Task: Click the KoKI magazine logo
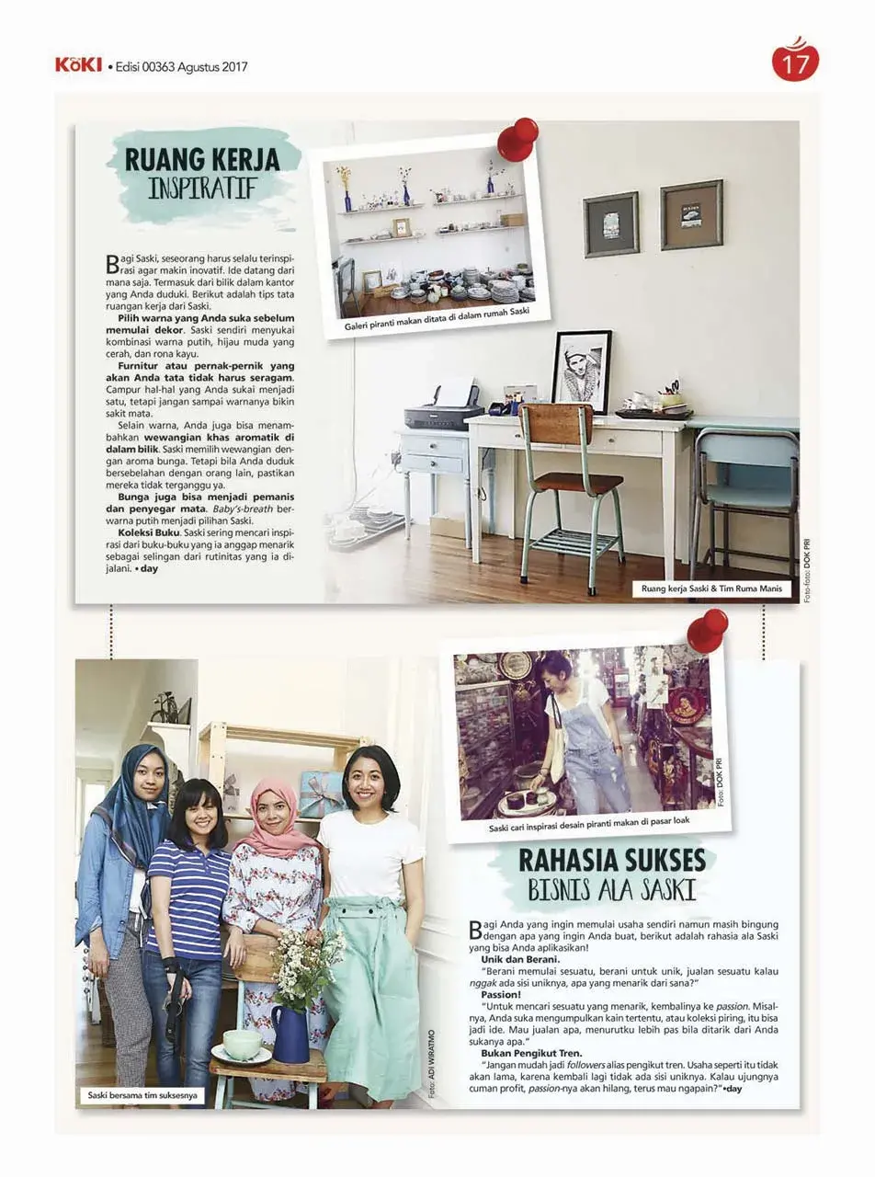click(x=78, y=65)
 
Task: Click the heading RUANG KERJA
click(x=202, y=159)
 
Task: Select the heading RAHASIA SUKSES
click(x=611, y=861)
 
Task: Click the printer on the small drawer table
click(x=441, y=410)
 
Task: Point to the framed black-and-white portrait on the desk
click(x=582, y=371)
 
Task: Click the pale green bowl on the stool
click(x=242, y=1044)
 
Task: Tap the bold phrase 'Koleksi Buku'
click(x=148, y=532)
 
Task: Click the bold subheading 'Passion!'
click(x=501, y=995)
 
